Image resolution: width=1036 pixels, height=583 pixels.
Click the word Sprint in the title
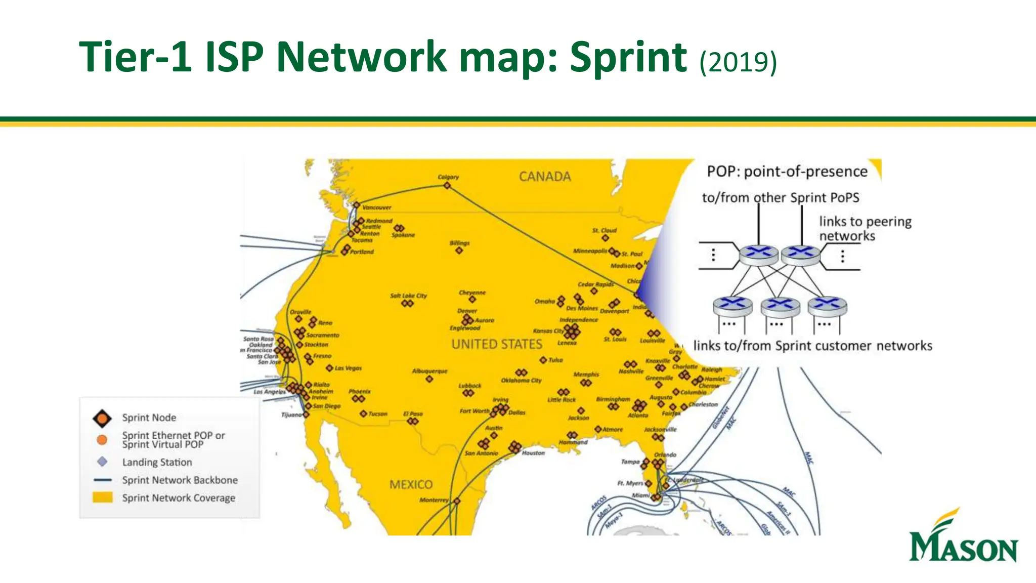click(x=628, y=57)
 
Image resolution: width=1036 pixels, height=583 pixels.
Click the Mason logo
click(x=963, y=537)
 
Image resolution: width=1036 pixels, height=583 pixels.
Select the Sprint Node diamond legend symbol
click(x=102, y=419)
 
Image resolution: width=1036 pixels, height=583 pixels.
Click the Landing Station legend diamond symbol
click(x=102, y=462)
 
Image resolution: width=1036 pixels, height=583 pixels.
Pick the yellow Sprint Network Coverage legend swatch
click(x=102, y=497)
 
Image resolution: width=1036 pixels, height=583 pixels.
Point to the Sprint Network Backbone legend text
click(x=180, y=480)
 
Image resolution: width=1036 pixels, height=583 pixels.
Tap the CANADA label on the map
click(x=545, y=177)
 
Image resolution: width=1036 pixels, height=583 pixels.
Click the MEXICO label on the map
click(x=411, y=484)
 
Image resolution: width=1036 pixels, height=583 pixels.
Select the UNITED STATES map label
click(x=497, y=344)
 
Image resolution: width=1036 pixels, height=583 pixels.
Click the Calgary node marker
click(x=447, y=186)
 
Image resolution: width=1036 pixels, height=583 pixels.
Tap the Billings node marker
click(x=459, y=251)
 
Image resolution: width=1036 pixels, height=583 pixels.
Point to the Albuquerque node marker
click(x=429, y=379)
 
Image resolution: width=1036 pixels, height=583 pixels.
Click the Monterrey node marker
click(x=457, y=501)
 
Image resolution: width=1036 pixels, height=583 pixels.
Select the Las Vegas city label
click(x=348, y=368)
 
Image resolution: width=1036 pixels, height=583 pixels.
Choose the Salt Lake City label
click(x=408, y=296)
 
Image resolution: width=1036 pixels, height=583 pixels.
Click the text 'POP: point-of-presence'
click(x=787, y=172)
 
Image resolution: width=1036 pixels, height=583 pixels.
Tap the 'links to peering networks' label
click(x=865, y=228)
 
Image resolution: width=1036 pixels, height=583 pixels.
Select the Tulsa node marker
click(x=543, y=360)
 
